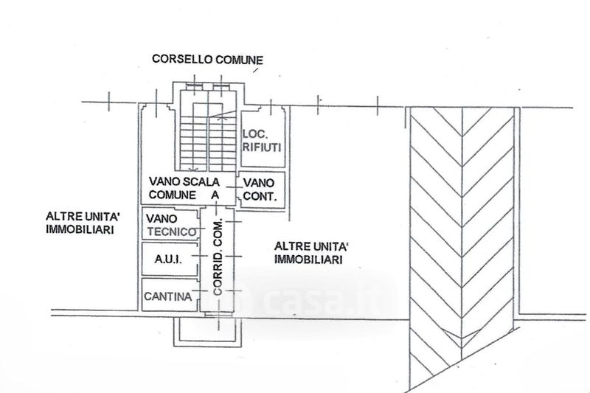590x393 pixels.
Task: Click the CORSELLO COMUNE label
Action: [x=207, y=60]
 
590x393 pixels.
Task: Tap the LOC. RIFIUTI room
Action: [x=263, y=139]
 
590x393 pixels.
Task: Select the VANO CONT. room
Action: [x=263, y=190]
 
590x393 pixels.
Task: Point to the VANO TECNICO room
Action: [x=170, y=224]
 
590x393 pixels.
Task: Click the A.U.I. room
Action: [x=170, y=259]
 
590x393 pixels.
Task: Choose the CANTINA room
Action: [x=170, y=295]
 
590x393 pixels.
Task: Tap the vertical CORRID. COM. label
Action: [x=218, y=257]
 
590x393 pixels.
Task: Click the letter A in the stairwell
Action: [x=215, y=195]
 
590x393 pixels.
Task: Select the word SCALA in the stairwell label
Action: [x=201, y=181]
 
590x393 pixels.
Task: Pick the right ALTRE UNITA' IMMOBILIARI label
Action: [x=310, y=253]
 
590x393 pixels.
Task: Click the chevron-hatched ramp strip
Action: [x=462, y=248]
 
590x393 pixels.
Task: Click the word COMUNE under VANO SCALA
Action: [x=173, y=195]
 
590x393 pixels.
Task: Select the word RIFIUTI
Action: [x=262, y=147]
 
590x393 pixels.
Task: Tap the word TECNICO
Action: [x=172, y=232]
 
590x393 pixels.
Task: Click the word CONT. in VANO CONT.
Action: [x=260, y=196]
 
